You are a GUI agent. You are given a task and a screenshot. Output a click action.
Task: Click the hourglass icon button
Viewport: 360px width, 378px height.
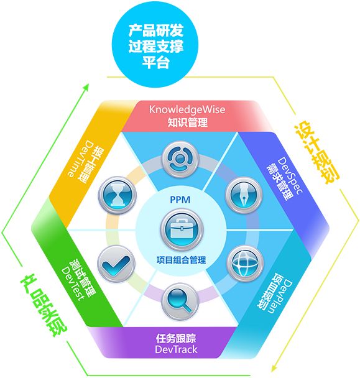[117, 195]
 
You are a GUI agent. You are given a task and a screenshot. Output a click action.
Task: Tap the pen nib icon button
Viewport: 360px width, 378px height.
[244, 195]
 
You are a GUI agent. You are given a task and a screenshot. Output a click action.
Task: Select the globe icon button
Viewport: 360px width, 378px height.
[245, 263]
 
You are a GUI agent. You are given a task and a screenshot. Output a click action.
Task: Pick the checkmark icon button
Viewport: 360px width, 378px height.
[116, 264]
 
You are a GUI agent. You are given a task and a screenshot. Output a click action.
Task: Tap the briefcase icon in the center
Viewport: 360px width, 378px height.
[182, 229]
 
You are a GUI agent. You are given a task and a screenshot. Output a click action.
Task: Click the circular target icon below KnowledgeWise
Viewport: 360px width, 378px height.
[180, 159]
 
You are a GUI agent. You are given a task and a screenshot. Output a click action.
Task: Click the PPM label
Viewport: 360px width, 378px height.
[180, 200]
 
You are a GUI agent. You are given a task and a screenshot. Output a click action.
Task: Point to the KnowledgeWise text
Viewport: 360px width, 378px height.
[187, 109]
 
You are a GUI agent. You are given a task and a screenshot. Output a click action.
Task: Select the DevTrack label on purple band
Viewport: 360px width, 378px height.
[176, 349]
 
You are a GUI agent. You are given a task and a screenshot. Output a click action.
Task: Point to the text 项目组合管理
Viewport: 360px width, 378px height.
[181, 260]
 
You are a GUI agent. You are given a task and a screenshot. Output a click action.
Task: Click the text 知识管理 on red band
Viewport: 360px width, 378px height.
[188, 122]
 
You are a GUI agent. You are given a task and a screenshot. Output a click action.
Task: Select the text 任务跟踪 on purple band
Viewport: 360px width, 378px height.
[176, 338]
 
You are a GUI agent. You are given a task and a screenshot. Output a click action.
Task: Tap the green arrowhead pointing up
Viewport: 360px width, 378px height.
[86, 87]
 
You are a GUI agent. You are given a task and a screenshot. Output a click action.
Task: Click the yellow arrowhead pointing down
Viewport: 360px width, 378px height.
[274, 368]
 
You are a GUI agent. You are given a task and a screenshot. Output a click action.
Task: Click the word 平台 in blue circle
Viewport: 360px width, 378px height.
[156, 62]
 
